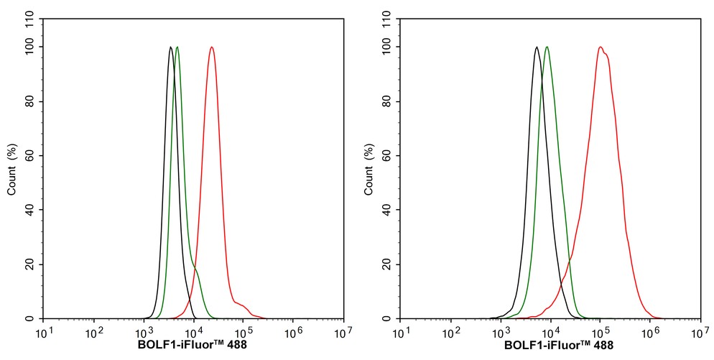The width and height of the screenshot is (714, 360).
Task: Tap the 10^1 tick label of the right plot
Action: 401,333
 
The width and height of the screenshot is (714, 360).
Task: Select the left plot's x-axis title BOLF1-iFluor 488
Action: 193,345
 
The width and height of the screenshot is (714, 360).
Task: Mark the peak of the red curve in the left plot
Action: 211,47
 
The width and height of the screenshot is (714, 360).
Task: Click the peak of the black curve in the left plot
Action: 170,47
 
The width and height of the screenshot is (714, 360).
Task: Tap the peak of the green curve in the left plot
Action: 177,47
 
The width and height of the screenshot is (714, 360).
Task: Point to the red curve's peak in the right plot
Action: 601,47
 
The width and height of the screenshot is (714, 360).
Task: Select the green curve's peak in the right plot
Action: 547,47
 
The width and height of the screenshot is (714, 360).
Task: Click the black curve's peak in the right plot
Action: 537,47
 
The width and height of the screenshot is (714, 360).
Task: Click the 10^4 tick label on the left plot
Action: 193,333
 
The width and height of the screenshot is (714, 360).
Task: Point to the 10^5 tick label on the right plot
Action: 601,333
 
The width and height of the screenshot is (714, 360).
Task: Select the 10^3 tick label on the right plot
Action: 501,333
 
